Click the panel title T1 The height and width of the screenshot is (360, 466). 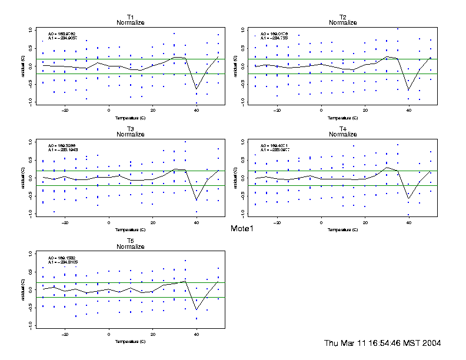pyautogui.click(x=130, y=16)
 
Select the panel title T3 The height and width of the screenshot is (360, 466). pyautogui.click(x=130, y=128)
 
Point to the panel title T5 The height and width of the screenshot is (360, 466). pyautogui.click(x=130, y=241)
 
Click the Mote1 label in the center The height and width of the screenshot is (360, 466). pyautogui.click(x=242, y=228)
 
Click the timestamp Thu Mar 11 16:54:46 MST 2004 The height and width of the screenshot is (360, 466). pyautogui.click(x=382, y=343)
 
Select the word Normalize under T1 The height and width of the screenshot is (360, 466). pyautogui.click(x=130, y=23)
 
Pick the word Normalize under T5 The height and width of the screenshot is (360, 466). pyautogui.click(x=130, y=247)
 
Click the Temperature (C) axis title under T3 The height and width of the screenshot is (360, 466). pyautogui.click(x=130, y=229)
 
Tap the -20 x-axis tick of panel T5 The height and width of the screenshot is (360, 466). pyautogui.click(x=65, y=334)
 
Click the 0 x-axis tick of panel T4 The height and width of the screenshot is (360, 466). pyautogui.click(x=321, y=222)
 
